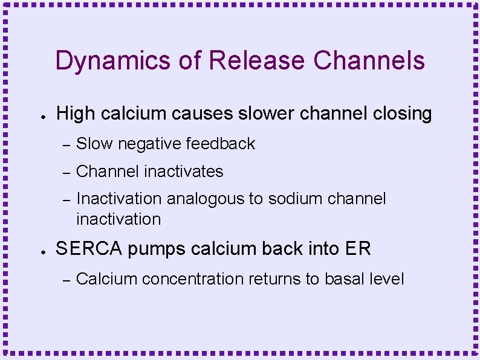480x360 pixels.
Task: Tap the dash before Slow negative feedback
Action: [67, 144]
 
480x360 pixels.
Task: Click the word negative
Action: [150, 144]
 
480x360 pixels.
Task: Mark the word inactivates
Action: [184, 172]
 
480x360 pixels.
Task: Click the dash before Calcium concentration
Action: [67, 280]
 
